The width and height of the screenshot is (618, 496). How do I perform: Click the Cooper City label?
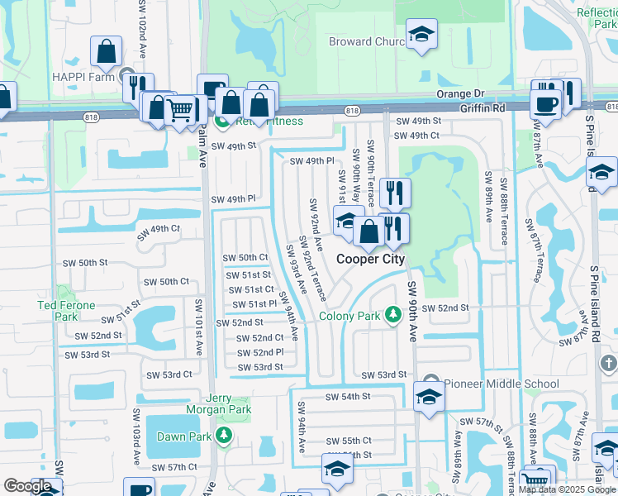click(x=370, y=259)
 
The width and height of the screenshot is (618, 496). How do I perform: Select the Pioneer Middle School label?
click(x=490, y=383)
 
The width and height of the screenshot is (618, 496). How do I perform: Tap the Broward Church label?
click(x=366, y=41)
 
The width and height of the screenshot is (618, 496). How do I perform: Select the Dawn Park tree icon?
click(x=223, y=435)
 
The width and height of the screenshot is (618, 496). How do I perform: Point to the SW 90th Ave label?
click(x=413, y=310)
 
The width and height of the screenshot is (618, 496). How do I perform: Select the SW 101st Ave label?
click(x=198, y=327)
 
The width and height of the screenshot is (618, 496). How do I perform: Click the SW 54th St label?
click(x=348, y=397)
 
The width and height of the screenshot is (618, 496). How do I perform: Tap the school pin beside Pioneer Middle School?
click(x=430, y=397)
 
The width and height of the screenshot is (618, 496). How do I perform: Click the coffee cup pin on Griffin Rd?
click(x=544, y=103)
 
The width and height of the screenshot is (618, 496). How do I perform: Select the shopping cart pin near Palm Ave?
click(x=179, y=109)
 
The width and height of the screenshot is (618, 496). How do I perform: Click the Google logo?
click(x=28, y=486)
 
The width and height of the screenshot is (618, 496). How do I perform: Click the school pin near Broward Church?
click(x=422, y=36)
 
